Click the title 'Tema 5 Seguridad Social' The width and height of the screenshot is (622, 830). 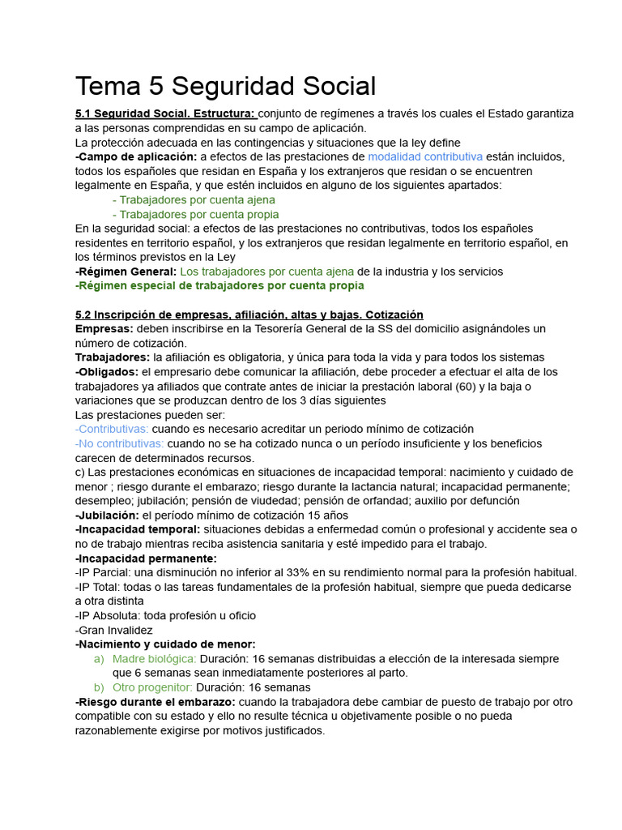pos(225,86)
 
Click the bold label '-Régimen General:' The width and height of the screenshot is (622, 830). pos(126,272)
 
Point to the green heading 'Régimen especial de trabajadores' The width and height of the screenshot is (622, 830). pos(219,285)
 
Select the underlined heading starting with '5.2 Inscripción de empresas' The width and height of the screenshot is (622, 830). pos(249,314)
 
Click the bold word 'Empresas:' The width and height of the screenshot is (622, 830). pos(104,328)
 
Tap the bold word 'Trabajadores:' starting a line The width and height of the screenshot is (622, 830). pos(113,357)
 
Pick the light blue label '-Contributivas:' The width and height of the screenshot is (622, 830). pos(112,429)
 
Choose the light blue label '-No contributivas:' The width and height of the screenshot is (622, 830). pos(119,443)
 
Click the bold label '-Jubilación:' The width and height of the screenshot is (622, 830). pos(107,515)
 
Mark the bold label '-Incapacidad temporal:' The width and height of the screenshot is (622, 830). pos(138,529)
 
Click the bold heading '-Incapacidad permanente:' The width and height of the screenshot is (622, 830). pos(145,558)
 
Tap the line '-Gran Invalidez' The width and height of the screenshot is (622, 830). pos(113,630)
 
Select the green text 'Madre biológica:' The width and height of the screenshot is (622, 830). pos(155,659)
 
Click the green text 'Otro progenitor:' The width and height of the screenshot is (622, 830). pos(152,687)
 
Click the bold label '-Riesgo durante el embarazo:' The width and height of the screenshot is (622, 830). pos(155,702)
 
